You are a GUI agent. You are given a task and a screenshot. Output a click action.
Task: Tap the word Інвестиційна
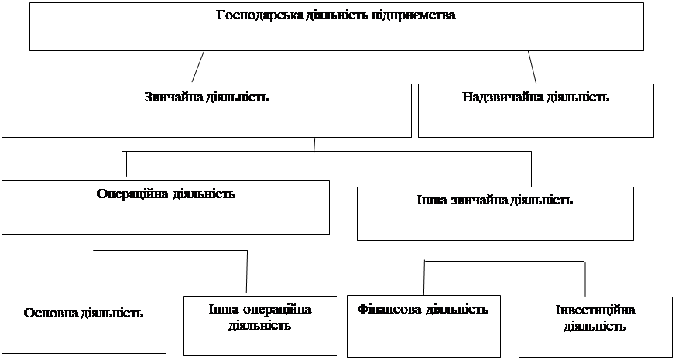pyautogui.click(x=595, y=311)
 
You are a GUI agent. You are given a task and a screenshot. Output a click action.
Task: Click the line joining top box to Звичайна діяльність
pyautogui.click(x=197, y=67)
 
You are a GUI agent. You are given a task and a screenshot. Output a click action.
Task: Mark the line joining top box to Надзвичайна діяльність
pyautogui.click(x=532, y=67)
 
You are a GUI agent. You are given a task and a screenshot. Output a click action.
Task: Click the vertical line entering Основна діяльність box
pyautogui.click(x=94, y=273)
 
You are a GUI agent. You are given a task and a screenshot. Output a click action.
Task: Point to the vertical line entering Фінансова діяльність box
pyautogui.click(x=424, y=278)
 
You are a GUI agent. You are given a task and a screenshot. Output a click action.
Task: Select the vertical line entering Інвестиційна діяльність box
pyautogui.click(x=585, y=279)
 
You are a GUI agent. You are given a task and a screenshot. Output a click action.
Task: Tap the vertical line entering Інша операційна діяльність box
pyautogui.click(x=247, y=273)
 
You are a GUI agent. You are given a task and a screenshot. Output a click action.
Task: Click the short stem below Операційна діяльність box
pyautogui.click(x=163, y=243)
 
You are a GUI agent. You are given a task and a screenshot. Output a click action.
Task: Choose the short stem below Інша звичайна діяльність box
pyautogui.click(x=495, y=250)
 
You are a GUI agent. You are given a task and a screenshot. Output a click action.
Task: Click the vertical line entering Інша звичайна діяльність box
pyautogui.click(x=531, y=169)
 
